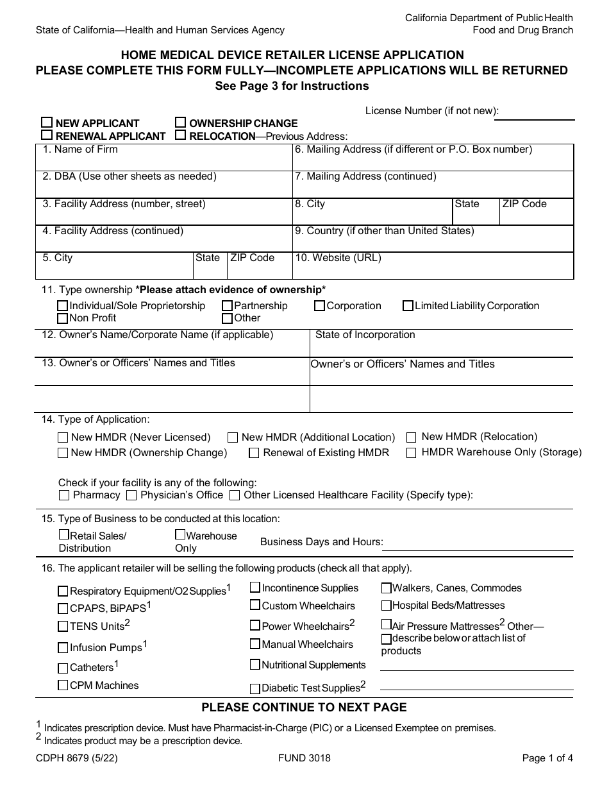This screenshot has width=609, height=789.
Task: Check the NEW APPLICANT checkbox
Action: [47, 123]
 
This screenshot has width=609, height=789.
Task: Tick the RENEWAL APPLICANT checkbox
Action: [47, 135]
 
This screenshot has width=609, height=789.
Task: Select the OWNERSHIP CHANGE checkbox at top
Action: [181, 123]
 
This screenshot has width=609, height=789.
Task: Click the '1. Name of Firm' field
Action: [163, 162]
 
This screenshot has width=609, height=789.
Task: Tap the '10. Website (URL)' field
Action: [433, 269]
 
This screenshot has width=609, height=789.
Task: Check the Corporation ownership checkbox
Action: [319, 306]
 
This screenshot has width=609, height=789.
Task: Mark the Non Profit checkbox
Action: [63, 318]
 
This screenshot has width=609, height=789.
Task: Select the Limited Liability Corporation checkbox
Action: [408, 306]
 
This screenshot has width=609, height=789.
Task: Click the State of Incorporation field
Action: [442, 348]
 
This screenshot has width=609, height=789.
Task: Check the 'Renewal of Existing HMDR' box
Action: [254, 453]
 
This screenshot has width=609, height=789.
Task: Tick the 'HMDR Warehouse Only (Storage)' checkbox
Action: [412, 452]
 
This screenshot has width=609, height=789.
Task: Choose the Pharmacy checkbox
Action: [63, 495]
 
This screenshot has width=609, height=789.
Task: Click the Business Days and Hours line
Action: [478, 544]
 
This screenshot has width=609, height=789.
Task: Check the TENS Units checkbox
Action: [63, 627]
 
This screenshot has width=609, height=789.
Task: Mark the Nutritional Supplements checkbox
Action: [255, 665]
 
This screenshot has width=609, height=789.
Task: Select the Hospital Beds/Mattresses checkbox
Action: [387, 606]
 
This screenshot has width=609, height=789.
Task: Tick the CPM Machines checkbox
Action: [63, 685]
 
